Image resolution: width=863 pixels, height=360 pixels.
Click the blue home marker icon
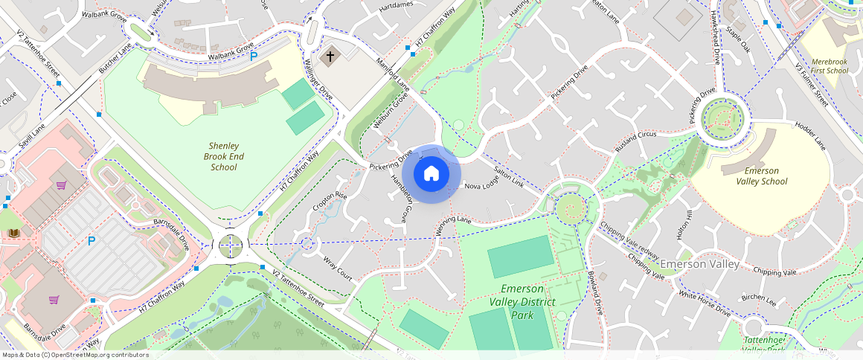tap(431, 174)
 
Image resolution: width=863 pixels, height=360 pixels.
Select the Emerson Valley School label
tap(761, 176)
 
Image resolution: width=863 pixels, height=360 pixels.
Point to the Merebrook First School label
tap(828, 65)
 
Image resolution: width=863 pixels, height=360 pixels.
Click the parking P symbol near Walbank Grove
tap(254, 56)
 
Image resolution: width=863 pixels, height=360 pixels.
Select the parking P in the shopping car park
tap(92, 241)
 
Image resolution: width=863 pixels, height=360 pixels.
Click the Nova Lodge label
tap(481, 186)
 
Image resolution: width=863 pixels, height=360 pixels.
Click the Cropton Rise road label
tap(330, 205)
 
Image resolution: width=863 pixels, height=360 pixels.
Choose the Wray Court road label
tap(338, 269)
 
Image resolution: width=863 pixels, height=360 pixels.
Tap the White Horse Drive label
tap(704, 303)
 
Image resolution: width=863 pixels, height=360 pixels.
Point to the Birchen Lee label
tap(760, 300)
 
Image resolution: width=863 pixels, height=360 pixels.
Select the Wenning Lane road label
tap(454, 225)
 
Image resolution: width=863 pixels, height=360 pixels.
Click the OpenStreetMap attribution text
tap(76, 355)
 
